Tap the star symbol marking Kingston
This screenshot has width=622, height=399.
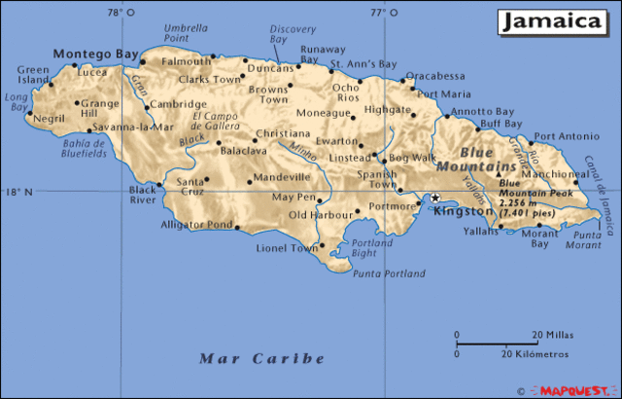pyautogui.click(x=435, y=198)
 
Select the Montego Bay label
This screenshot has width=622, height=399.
pyautogui.click(x=94, y=54)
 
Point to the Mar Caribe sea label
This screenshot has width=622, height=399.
pyautogui.click(x=261, y=358)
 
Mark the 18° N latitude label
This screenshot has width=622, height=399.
pyautogui.click(x=18, y=192)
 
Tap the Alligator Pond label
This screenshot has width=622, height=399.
pyautogui.click(x=197, y=225)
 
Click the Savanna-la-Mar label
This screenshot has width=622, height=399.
pyautogui.click(x=125, y=127)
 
